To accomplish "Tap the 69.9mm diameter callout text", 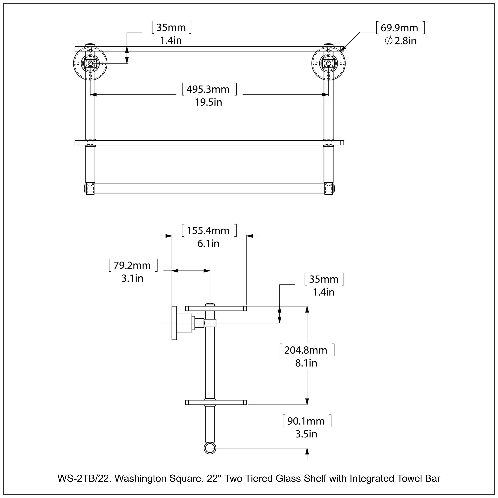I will click(399, 28).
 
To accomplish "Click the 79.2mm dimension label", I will click(132, 265).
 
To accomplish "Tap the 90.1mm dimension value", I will click(306, 421).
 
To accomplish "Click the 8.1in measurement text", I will click(306, 363).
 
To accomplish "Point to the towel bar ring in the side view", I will click(210, 449).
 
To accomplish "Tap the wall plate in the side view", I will click(174, 323).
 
